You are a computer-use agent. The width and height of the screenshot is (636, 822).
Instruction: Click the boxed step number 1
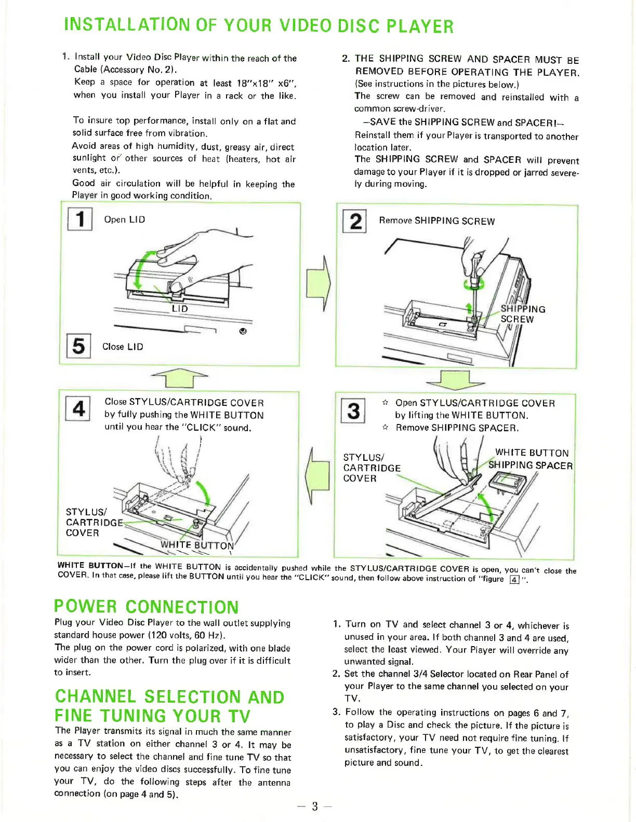(80, 218)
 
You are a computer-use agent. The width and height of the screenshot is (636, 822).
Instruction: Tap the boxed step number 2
(355, 221)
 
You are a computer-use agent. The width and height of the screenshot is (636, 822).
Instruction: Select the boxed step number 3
(353, 411)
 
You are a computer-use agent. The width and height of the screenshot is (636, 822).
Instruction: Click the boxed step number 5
(78, 346)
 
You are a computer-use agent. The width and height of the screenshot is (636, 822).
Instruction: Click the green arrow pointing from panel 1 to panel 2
(318, 283)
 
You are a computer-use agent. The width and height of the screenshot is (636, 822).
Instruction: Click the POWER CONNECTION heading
(147, 607)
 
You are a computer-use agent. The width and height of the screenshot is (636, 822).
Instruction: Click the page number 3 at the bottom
(314, 806)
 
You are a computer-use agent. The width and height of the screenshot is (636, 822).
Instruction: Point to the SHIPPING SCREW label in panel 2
(522, 314)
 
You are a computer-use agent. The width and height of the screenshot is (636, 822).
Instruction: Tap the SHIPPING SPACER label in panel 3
(530, 465)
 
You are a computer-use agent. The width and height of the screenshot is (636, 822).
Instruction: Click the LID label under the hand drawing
(180, 309)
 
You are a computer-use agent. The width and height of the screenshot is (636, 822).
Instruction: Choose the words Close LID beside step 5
(123, 347)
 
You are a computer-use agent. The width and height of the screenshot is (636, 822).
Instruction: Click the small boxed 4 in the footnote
(514, 580)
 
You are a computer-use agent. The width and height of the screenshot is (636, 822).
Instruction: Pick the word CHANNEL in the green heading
(96, 696)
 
